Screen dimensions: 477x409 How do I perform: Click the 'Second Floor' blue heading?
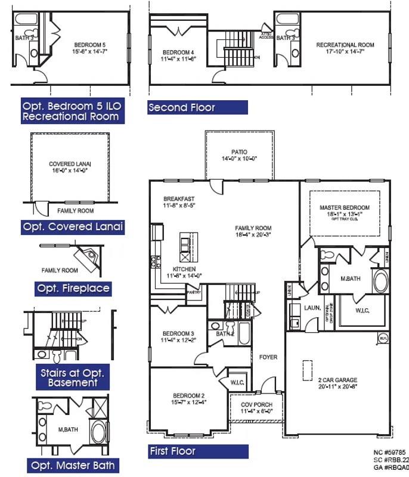click(x=181, y=108)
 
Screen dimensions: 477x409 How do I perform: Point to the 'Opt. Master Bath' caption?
click(x=72, y=465)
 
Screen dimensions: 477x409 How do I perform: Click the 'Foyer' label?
click(x=268, y=357)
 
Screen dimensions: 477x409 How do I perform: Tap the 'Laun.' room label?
click(x=313, y=308)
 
